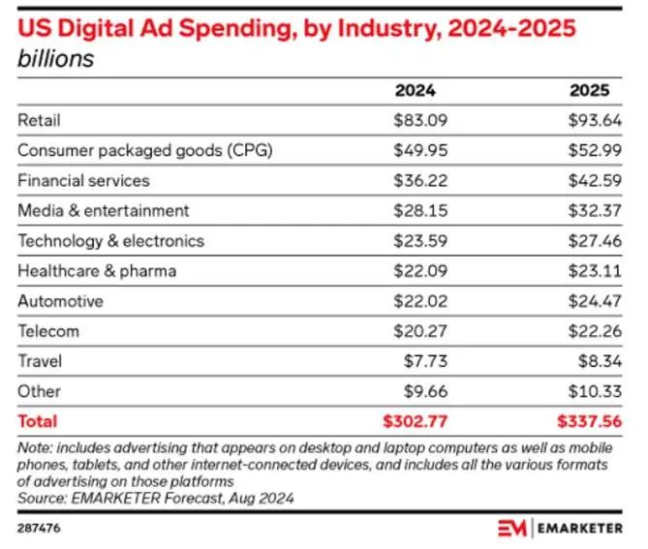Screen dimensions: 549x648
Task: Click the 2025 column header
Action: (x=589, y=91)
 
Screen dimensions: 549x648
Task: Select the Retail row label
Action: (x=40, y=120)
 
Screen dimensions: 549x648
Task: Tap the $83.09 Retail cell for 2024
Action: (x=415, y=120)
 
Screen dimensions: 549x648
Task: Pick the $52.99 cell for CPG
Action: (x=590, y=150)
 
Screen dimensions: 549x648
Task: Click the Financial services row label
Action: (x=83, y=180)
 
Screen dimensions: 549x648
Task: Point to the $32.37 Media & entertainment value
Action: (x=590, y=210)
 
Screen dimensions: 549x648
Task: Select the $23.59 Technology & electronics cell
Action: (x=415, y=240)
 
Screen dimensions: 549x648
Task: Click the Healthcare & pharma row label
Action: (x=97, y=270)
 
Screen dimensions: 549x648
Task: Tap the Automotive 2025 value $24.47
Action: (x=590, y=301)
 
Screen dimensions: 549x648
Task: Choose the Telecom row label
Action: (x=48, y=331)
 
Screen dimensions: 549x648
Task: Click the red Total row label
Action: (x=38, y=421)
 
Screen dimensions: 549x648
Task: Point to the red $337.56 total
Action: (x=585, y=421)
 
